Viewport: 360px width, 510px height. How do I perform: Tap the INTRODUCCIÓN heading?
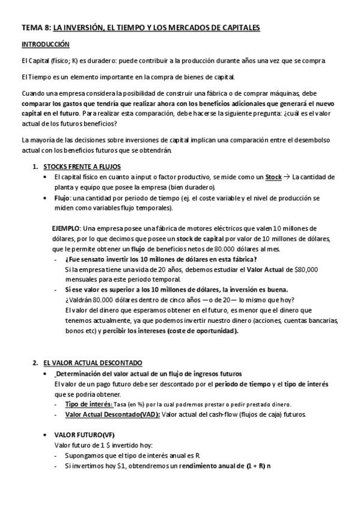(46, 45)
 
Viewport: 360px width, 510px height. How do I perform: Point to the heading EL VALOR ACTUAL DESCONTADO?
(93, 363)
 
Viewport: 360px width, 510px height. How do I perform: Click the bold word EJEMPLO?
(66, 229)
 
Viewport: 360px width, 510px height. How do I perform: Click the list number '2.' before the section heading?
(34, 363)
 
